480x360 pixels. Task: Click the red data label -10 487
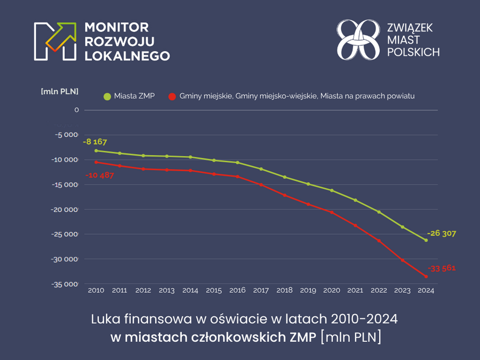tap(100, 175)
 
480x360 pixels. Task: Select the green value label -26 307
tap(442, 234)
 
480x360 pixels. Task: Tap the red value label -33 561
tap(442, 268)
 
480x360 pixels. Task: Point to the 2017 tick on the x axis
tap(261, 291)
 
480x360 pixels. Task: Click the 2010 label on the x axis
tap(96, 291)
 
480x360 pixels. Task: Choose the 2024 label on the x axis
tap(426, 291)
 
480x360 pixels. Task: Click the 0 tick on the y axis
tap(77, 110)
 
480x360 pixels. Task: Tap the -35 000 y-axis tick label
tap(64, 284)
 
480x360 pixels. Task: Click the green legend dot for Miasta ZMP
tap(107, 97)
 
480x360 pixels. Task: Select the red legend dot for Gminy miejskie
tap(172, 97)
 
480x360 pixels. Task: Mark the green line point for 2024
tap(426, 240)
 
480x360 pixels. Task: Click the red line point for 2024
tap(426, 276)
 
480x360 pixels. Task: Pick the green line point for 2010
tap(96, 150)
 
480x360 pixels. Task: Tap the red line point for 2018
tap(284, 195)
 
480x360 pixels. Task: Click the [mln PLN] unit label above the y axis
tap(60, 91)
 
